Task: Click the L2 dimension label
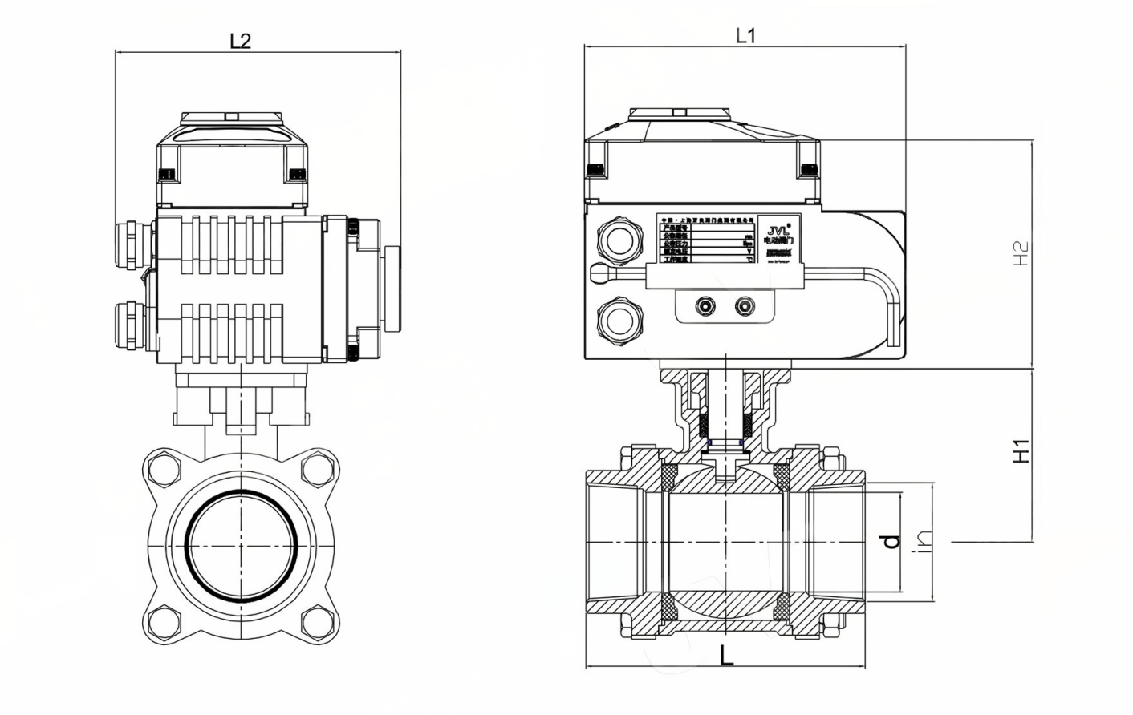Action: point(240,40)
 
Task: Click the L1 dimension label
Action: point(745,35)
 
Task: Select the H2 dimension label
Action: point(1020,254)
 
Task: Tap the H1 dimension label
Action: point(1020,450)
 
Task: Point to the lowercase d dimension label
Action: point(891,541)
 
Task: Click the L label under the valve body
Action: point(725,656)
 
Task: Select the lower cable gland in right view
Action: point(619,320)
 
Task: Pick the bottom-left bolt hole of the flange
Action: point(166,619)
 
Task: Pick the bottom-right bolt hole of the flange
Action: point(315,619)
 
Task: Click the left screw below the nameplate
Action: point(706,306)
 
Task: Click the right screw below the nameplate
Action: point(745,306)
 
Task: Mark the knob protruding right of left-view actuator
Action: point(392,289)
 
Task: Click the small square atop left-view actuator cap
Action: point(231,117)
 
